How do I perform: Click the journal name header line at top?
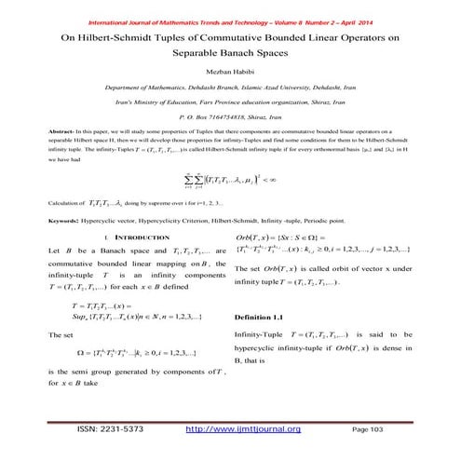click(x=230, y=9)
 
